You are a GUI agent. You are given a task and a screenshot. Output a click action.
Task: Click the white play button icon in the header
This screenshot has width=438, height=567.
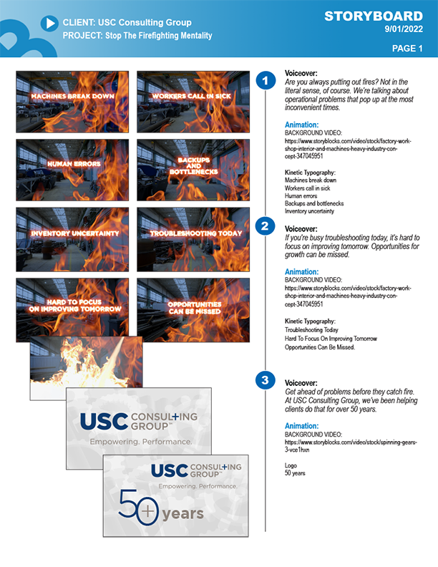[49, 23]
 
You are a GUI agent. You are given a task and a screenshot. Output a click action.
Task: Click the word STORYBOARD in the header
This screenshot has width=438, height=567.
[374, 16]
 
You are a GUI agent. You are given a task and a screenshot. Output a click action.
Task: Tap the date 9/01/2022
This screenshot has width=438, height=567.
[404, 29]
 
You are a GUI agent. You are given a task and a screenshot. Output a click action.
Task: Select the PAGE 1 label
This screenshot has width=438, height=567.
[407, 49]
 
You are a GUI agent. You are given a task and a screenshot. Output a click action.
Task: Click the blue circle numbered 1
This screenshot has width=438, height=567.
[266, 80]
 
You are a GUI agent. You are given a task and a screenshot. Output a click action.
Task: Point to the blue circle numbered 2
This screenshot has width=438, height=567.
[265, 226]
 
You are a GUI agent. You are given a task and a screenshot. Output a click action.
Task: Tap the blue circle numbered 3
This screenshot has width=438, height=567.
[266, 380]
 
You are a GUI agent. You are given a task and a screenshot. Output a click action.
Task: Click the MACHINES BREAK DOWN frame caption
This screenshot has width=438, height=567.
[72, 96]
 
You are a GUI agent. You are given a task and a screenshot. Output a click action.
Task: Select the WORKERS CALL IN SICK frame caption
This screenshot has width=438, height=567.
[191, 96]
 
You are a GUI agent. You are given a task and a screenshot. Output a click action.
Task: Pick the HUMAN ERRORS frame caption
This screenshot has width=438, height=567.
[74, 164]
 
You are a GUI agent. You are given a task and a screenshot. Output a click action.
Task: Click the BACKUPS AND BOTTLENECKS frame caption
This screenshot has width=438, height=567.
[194, 166]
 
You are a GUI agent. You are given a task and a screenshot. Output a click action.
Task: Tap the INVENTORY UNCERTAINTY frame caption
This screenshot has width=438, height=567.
[75, 233]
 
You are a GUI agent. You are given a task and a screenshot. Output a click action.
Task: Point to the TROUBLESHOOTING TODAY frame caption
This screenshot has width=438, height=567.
[196, 233]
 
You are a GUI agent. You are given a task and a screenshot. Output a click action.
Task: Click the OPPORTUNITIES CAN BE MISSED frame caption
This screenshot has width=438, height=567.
[195, 308]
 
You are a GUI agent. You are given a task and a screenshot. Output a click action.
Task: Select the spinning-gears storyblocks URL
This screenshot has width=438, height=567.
[351, 446]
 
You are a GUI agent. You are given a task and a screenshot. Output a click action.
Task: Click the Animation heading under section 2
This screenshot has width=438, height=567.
[302, 271]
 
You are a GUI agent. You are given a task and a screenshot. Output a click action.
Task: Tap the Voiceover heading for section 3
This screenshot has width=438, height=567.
[301, 382]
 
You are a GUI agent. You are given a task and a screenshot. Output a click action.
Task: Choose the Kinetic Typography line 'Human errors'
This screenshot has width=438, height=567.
[301, 195]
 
